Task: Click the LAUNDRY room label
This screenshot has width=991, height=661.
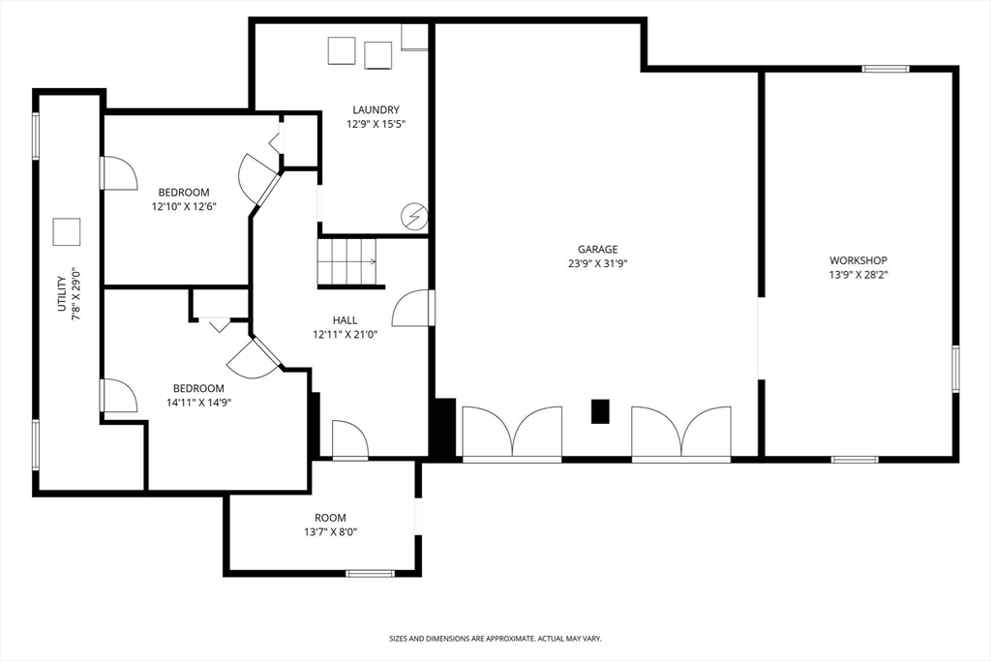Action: [x=375, y=110]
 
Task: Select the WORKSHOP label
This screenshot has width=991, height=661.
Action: [x=857, y=260]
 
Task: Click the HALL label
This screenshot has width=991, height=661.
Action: [x=345, y=320]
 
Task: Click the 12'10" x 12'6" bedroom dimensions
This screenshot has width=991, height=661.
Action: [x=184, y=206]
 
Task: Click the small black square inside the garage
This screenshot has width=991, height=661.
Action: [x=601, y=411]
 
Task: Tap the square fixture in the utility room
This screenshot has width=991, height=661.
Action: [x=67, y=232]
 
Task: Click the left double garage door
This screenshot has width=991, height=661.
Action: [x=512, y=432]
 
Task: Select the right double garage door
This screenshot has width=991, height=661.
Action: [x=681, y=432]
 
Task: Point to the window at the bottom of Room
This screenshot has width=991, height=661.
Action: [x=370, y=574]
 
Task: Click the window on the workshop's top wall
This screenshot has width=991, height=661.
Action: [x=886, y=69]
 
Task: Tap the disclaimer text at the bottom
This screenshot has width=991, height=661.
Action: [x=495, y=639]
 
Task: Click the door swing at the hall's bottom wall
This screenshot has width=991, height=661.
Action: [x=349, y=440]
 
